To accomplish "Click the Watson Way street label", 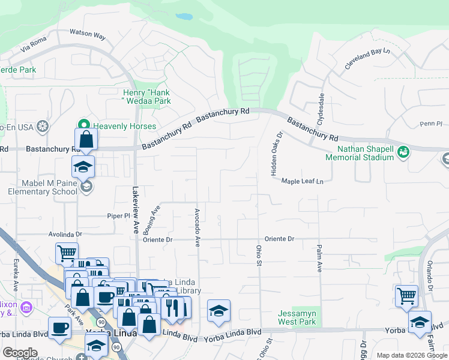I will click(x=88, y=35).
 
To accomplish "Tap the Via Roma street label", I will click(x=33, y=44).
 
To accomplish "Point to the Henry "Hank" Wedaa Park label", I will click(x=146, y=97).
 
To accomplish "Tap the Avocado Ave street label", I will click(x=197, y=227).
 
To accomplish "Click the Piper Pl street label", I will click(x=118, y=215).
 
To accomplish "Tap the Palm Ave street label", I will click(x=319, y=258).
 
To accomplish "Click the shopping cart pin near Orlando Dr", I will click(x=406, y=295).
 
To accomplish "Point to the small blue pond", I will click(x=184, y=17).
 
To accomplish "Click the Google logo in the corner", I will click(x=20, y=353).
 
